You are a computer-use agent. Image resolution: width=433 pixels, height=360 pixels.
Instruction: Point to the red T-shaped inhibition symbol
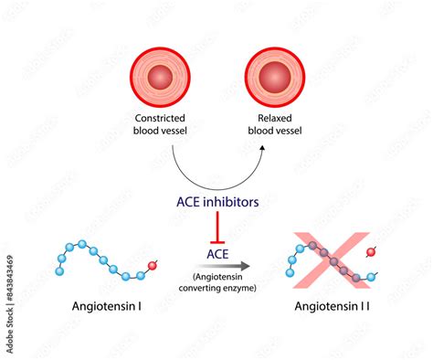pos(216,224)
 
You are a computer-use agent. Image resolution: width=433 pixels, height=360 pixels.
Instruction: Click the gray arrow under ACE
pos(216,262)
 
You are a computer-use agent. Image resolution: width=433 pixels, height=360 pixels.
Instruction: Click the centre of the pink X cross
pos(330,262)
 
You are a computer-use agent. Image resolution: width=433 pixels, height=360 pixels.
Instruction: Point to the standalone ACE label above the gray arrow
pos(216,249)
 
